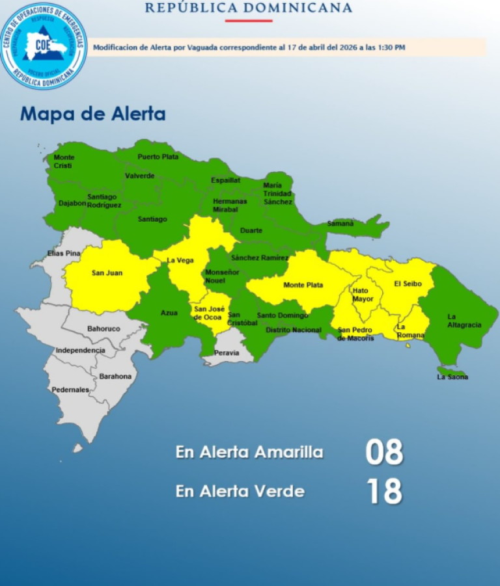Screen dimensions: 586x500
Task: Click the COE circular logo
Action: tap(44, 46)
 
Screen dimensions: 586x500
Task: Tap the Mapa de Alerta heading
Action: tap(93, 114)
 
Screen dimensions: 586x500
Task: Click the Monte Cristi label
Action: tap(64, 161)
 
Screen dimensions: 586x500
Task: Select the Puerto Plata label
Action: tap(158, 157)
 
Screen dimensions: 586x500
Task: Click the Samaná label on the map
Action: tap(340, 223)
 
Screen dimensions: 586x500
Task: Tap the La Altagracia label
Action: tap(464, 321)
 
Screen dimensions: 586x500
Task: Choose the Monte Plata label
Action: tap(303, 285)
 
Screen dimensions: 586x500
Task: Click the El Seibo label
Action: tap(408, 284)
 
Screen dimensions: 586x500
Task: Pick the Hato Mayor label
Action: tap(363, 295)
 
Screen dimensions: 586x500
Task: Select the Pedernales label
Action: tap(70, 390)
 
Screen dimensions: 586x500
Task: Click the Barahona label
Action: tap(115, 376)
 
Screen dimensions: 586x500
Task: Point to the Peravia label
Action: tap(226, 353)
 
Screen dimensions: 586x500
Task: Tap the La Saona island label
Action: tap(452, 377)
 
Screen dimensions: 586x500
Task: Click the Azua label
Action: tap(169, 313)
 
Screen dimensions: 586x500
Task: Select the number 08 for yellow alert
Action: tap(384, 453)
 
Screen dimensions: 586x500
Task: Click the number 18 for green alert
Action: tap(384, 492)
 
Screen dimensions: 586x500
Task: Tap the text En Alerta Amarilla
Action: tap(249, 452)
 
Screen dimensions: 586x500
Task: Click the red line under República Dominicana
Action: tap(249, 21)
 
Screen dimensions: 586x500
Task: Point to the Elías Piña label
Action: tap(64, 253)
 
